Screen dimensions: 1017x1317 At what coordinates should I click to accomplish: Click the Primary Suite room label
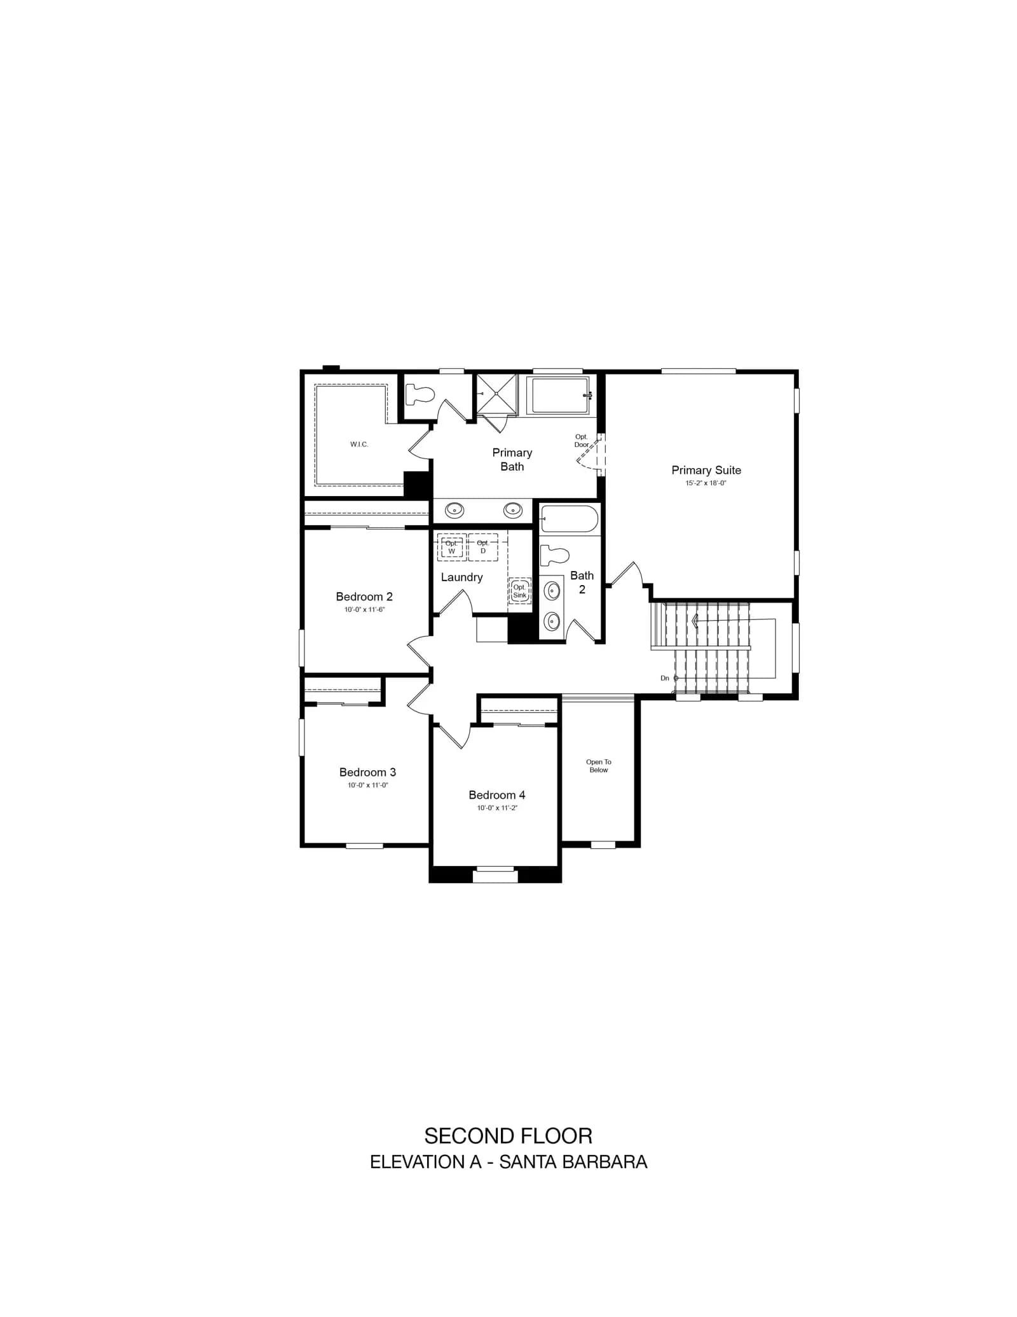point(706,470)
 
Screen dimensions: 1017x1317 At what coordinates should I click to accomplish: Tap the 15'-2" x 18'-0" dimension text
point(706,483)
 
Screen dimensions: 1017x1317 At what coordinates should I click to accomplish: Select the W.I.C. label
point(359,445)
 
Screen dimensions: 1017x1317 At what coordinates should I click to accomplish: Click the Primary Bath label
point(512,459)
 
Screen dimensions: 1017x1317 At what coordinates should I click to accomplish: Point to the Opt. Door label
point(582,441)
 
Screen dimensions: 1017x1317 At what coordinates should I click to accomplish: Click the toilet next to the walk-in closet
point(420,394)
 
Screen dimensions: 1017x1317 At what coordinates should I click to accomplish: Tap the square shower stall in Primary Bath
point(497,394)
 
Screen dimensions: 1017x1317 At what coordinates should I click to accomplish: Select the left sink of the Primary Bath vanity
point(454,510)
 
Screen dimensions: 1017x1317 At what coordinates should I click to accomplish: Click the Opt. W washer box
point(451,547)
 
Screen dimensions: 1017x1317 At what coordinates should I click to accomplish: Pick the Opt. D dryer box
point(483,547)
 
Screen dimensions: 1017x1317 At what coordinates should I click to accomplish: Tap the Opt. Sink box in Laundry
point(520,591)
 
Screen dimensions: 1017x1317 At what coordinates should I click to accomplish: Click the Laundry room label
point(461,577)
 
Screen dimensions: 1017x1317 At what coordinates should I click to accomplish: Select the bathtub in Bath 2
point(569,519)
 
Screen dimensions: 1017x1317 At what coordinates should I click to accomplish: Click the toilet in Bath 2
point(554,556)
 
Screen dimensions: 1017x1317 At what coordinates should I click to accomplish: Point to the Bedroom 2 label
point(364,596)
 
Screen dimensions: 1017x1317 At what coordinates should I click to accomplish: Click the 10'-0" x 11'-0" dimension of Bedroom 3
point(367,785)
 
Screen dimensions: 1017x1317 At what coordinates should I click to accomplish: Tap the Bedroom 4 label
point(497,795)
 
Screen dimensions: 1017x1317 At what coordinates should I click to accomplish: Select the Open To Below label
point(599,766)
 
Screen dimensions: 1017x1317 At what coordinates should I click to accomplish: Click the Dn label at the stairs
point(665,679)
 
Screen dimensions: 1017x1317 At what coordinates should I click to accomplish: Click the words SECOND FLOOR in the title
point(508,1136)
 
